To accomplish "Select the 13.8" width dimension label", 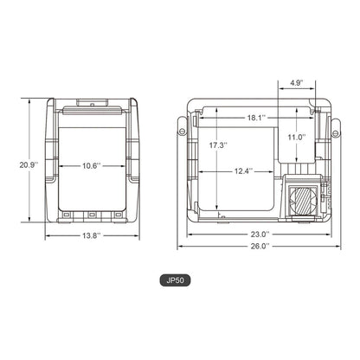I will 93,235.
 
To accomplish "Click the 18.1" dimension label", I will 256,117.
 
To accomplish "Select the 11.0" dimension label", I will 297,137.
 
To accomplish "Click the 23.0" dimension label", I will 258,234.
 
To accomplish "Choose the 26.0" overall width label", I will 258,247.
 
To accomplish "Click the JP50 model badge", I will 179,280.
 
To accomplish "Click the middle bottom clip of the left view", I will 90,214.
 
